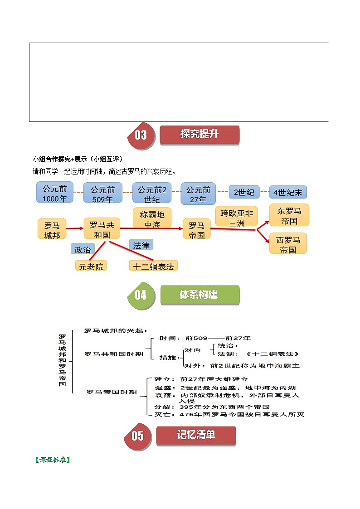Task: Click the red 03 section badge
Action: pyautogui.click(x=141, y=136)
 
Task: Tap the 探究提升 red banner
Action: pyautogui.click(x=199, y=135)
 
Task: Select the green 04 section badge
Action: pyautogui.click(x=141, y=295)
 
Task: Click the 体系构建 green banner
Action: pyautogui.click(x=200, y=295)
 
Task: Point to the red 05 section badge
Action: pyautogui.click(x=138, y=436)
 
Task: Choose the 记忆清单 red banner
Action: pyautogui.click(x=196, y=436)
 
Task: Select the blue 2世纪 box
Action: pyautogui.click(x=244, y=192)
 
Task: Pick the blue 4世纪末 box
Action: pyautogui.click(x=288, y=192)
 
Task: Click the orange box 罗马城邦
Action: pyautogui.click(x=52, y=229)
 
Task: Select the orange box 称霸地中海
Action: pyautogui.click(x=152, y=218)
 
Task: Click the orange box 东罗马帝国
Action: pyautogui.click(x=289, y=215)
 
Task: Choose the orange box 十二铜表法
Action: pyautogui.click(x=153, y=266)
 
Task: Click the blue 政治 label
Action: pyautogui.click(x=83, y=249)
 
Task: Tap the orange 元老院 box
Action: pyautogui.click(x=91, y=266)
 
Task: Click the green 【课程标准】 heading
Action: pyautogui.click(x=53, y=460)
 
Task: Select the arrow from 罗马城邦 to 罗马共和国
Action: pyautogui.click(x=75, y=228)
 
